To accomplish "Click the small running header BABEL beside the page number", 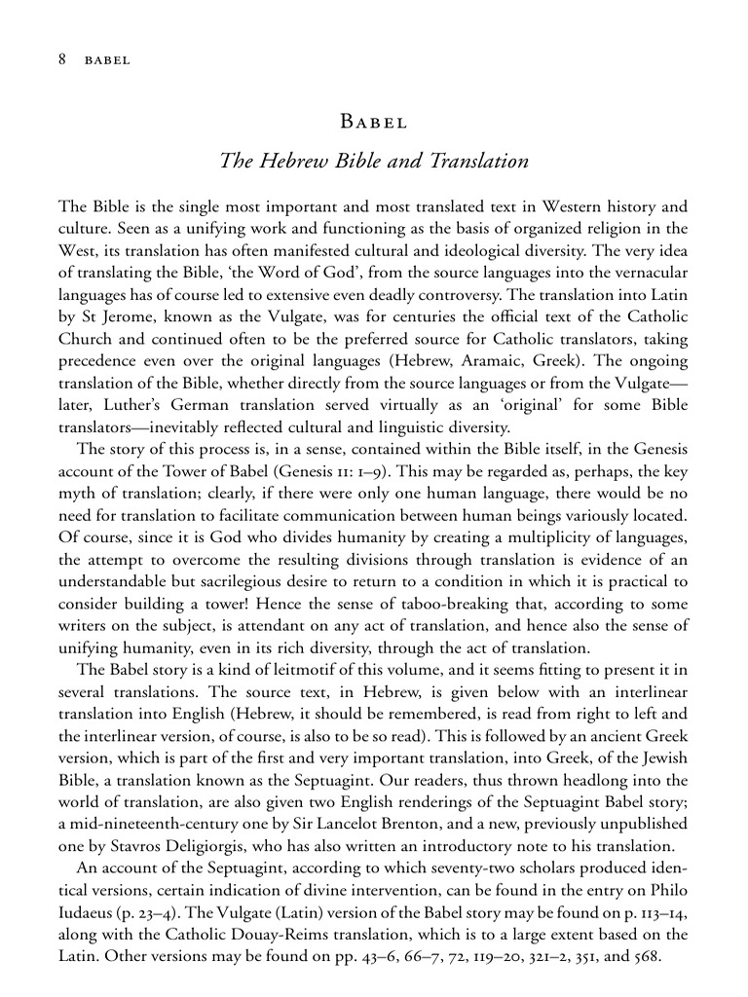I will click(107, 60).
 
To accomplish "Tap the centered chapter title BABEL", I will click(373, 123).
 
